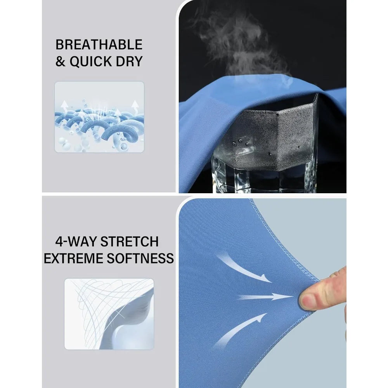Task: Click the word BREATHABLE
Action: click(x=99, y=45)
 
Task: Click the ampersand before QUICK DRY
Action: click(x=60, y=61)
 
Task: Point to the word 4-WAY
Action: click(x=76, y=241)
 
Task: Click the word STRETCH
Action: click(x=130, y=241)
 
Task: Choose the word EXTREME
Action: click(x=73, y=258)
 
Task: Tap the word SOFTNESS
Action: click(x=140, y=258)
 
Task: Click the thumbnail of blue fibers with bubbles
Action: click(x=99, y=117)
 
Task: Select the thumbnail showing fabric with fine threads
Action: click(x=109, y=314)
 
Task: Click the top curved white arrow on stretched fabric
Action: click(x=244, y=268)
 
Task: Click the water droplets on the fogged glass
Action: click(x=244, y=143)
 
